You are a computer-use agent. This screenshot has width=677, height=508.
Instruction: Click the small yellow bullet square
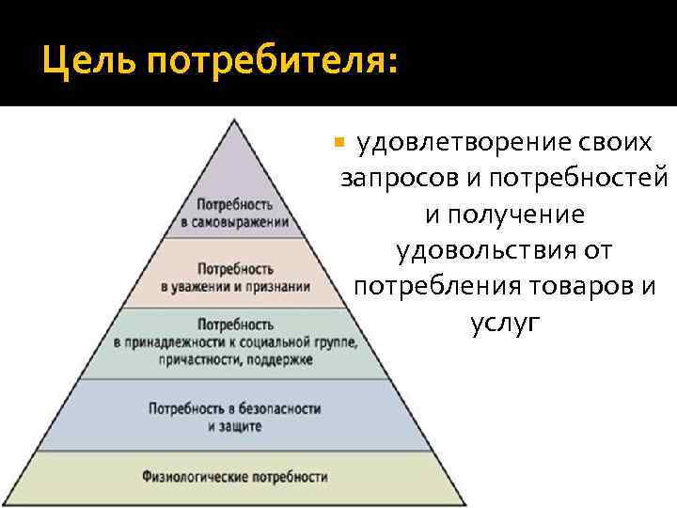(x=340, y=144)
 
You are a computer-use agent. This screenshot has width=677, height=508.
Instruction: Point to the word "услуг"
(x=505, y=324)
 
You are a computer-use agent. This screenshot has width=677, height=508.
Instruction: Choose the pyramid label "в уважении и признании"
(x=235, y=285)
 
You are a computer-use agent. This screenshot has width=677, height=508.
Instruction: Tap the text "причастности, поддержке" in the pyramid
(x=235, y=359)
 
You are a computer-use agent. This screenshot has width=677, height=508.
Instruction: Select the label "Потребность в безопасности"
(x=235, y=409)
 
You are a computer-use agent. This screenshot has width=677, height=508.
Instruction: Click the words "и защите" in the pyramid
(x=235, y=426)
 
